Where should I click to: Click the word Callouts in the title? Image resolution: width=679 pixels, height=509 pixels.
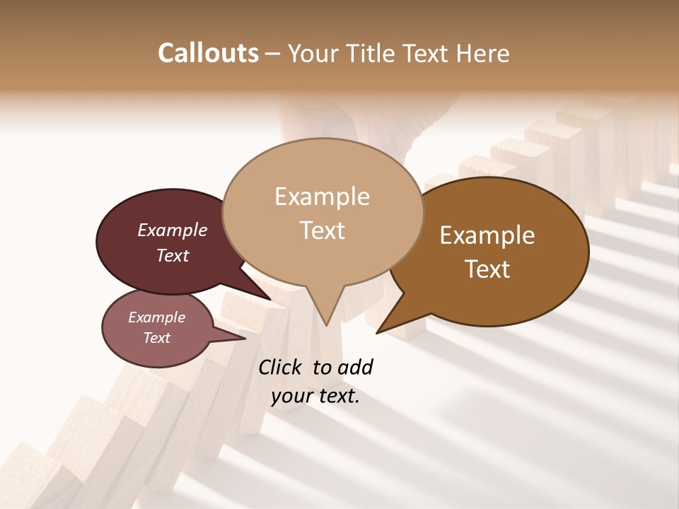coord(208,54)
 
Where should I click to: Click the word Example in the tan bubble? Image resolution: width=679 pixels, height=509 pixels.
coord(322,197)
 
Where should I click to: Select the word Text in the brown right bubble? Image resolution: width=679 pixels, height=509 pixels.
coord(487,269)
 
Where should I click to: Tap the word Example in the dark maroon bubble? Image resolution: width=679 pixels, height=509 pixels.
coord(172,230)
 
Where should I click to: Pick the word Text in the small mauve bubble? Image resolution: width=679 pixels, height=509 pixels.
coord(156,338)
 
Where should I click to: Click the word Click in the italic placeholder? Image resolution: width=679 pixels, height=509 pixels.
coord(282,367)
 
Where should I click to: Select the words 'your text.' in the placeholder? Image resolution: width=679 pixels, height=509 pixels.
coord(315,397)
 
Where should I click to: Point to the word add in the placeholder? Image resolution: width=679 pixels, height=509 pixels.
coord(354,367)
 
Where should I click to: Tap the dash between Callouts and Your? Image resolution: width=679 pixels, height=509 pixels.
coord(273,54)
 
